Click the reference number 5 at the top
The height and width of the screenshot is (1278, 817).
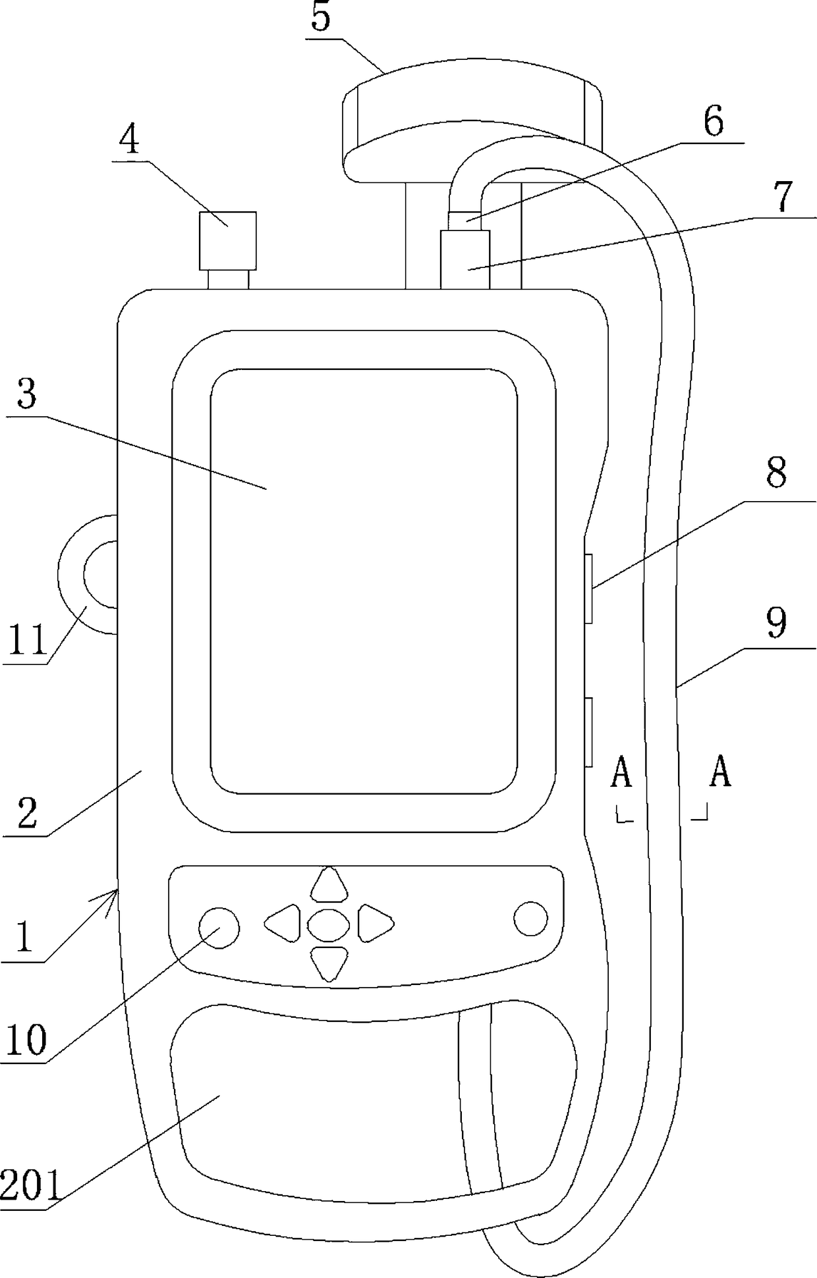pyautogui.click(x=320, y=18)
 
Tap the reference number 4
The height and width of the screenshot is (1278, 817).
pyautogui.click(x=130, y=140)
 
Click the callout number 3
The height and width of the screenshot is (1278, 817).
pyautogui.click(x=27, y=394)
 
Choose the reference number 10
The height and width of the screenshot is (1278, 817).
pyautogui.click(x=26, y=1041)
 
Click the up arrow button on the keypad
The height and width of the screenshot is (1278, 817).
pyautogui.click(x=329, y=884)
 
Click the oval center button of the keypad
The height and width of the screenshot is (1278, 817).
pyautogui.click(x=328, y=924)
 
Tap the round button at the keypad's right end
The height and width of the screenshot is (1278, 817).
pyautogui.click(x=530, y=919)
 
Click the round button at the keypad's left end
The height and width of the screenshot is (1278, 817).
pyautogui.click(x=219, y=928)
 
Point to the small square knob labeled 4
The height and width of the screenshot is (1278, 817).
pyautogui.click(x=228, y=240)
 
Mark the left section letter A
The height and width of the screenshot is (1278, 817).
pyautogui.click(x=621, y=773)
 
